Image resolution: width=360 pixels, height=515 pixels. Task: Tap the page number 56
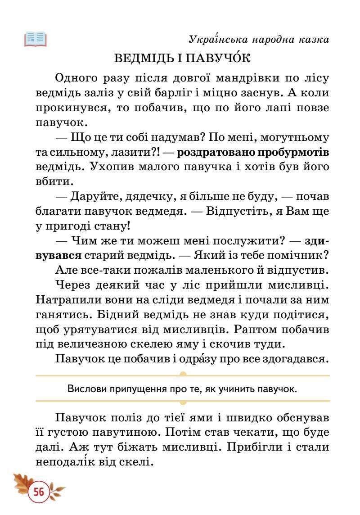click(x=39, y=492)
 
